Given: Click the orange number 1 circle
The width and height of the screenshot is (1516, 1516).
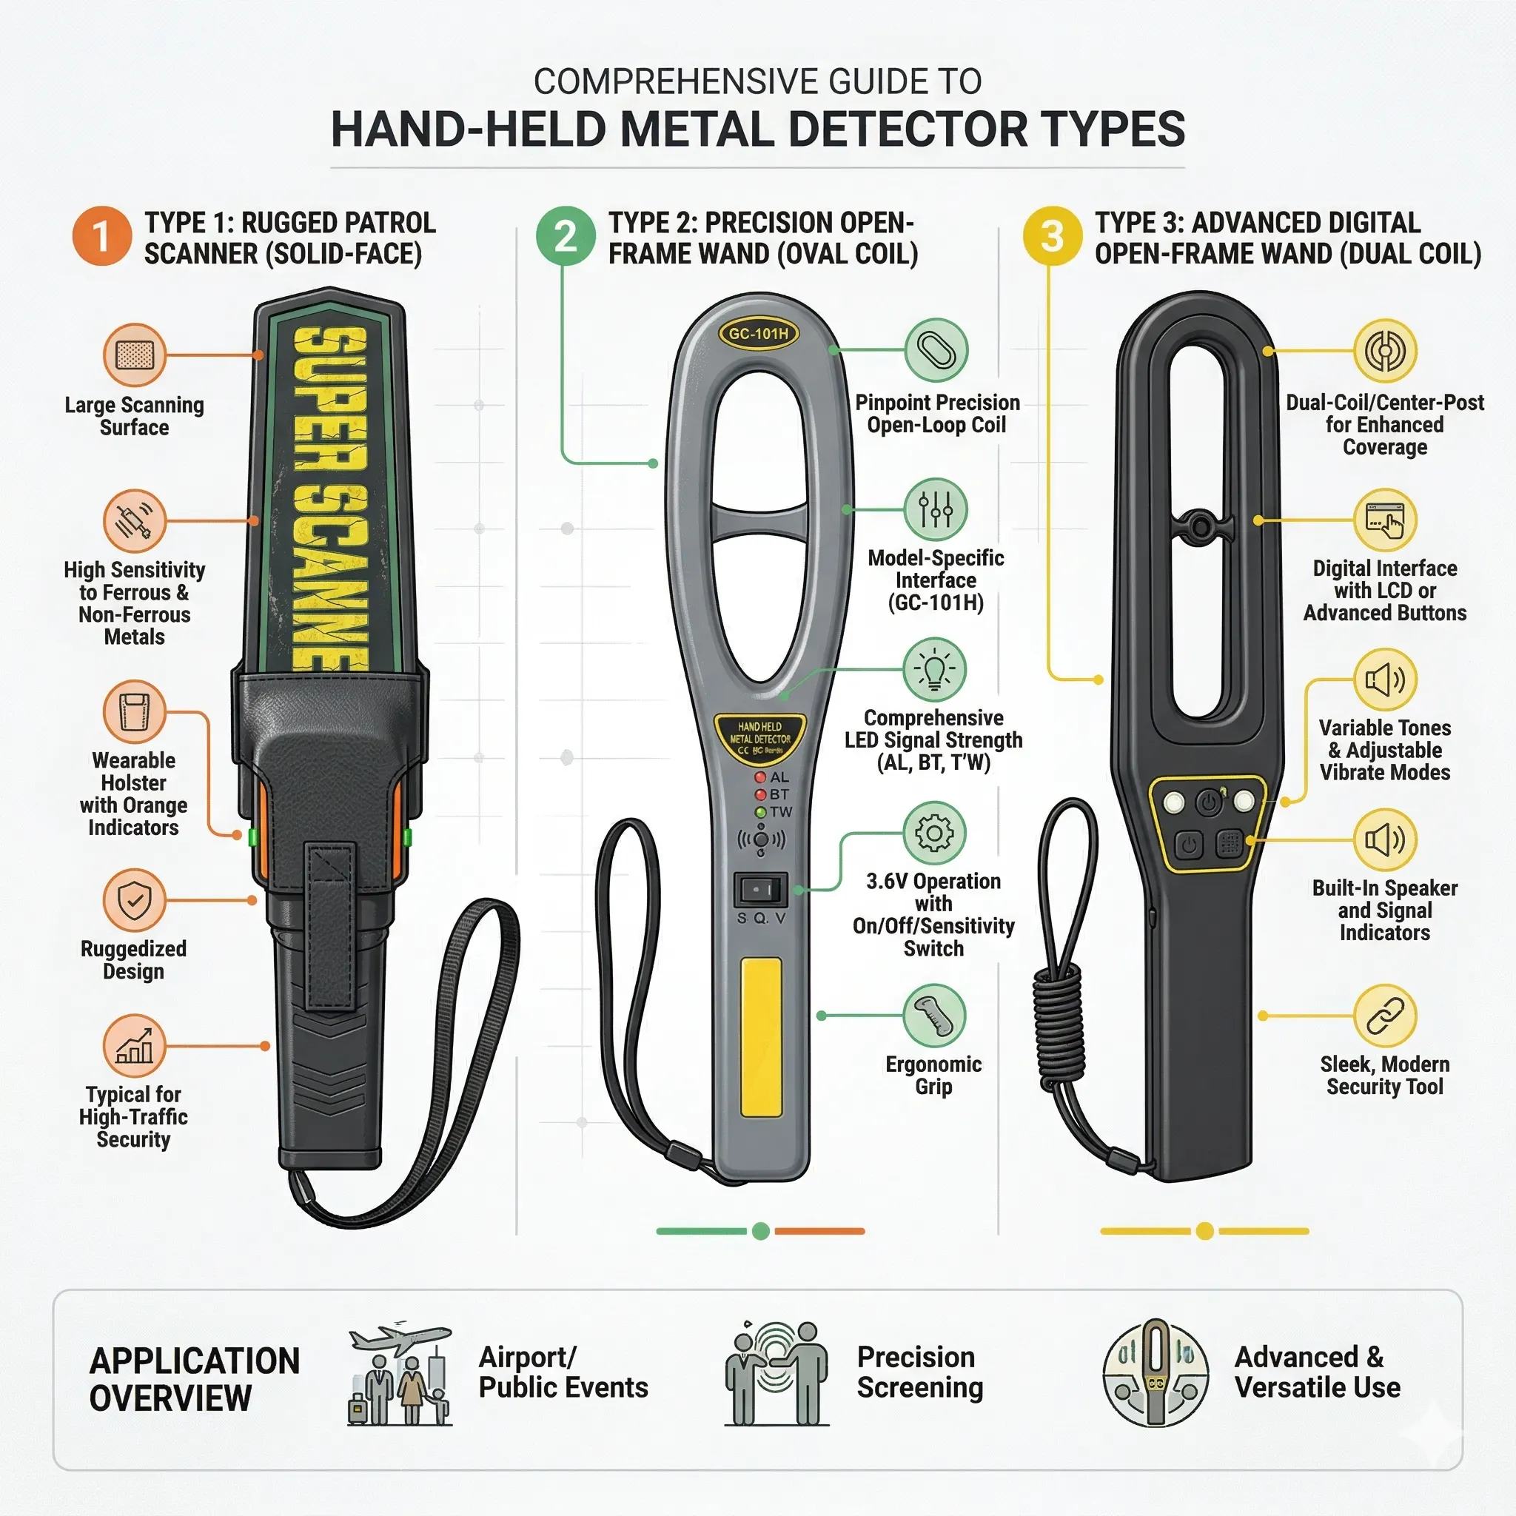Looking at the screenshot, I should [101, 236].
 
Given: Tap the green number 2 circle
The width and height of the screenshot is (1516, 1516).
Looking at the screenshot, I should [565, 236].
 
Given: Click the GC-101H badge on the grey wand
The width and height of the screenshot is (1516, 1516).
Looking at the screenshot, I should [758, 334].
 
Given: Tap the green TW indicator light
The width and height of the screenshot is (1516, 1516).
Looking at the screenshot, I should [759, 812].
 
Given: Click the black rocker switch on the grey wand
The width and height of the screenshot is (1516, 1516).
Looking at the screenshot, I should [759, 890].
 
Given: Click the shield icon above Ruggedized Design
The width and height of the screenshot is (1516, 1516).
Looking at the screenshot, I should [134, 900].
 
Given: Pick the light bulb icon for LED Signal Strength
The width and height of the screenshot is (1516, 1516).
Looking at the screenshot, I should [933, 669].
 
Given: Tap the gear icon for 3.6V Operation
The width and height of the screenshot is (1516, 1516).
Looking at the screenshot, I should [933, 833].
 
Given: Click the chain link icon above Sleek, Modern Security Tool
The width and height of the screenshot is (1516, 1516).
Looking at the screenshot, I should [1385, 1016].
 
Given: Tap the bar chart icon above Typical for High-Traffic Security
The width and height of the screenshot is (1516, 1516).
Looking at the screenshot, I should [134, 1045].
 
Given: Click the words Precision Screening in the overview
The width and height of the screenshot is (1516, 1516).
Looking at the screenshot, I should [919, 1372].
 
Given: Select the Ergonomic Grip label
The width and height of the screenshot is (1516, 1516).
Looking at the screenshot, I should [933, 1075].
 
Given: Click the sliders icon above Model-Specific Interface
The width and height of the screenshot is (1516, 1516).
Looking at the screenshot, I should [936, 510].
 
